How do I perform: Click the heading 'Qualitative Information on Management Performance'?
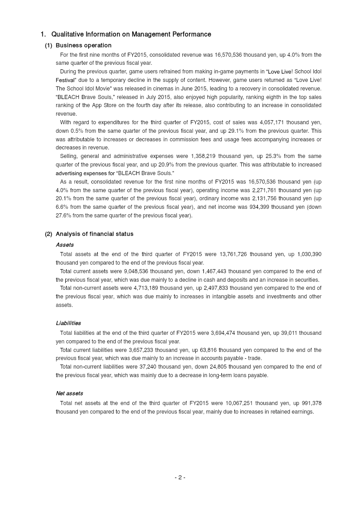(x=131, y=34)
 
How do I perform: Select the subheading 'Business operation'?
(x=83, y=45)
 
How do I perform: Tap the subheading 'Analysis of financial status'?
(x=94, y=234)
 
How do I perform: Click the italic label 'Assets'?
(x=65, y=245)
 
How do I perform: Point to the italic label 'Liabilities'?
(x=68, y=323)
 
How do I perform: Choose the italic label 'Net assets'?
(x=69, y=393)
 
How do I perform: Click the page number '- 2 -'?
(x=180, y=477)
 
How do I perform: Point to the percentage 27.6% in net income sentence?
(x=65, y=216)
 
